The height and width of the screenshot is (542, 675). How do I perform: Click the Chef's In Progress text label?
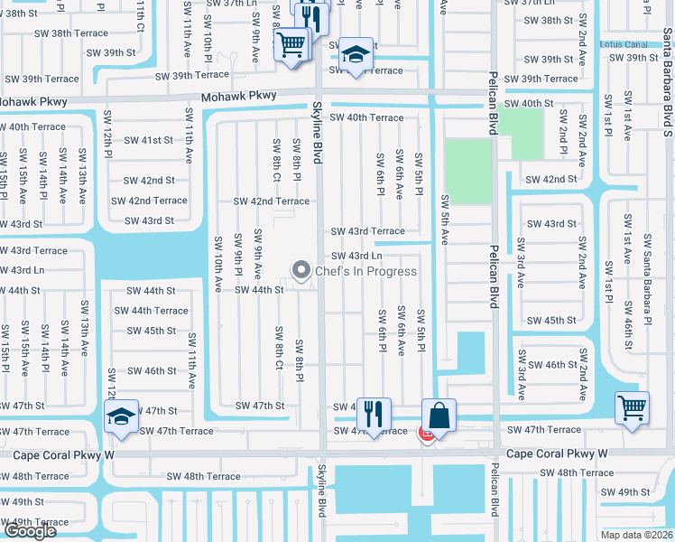365,271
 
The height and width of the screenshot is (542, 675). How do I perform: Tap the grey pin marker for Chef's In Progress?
301,270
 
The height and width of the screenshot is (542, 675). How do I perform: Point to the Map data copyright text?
637,534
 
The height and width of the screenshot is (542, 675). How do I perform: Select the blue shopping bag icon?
439,416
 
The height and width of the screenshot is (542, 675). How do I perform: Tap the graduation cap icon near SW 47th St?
121,416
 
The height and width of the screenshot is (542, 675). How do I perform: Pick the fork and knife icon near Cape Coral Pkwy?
374,415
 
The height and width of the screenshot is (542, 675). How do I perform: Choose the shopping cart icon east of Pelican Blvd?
632,407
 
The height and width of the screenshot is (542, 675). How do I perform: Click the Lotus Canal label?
624,44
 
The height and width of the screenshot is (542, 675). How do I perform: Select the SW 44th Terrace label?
151,311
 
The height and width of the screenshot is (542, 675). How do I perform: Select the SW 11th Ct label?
140,18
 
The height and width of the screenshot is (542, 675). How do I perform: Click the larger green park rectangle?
468,172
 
